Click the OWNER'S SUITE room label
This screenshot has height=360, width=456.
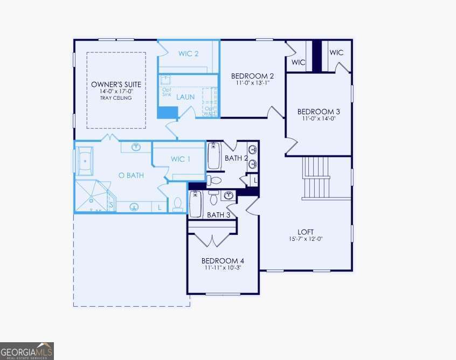point(116,85)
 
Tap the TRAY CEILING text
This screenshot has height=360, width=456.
point(116,98)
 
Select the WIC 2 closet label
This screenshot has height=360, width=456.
point(189,54)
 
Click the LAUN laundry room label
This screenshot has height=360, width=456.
point(185,98)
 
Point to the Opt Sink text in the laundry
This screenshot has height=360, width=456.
point(167,92)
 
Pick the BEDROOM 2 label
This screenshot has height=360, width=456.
point(253,75)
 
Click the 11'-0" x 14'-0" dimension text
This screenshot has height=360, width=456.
point(319,119)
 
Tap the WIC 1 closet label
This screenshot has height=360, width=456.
point(181,159)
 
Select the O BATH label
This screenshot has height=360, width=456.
point(131,175)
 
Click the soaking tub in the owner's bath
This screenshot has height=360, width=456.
point(87,161)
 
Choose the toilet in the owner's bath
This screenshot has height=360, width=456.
point(178,204)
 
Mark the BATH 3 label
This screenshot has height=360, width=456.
point(219,215)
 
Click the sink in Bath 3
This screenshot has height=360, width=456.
point(229,195)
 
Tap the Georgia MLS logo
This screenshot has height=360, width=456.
point(27,351)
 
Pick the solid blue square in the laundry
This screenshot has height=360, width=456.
point(167,112)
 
